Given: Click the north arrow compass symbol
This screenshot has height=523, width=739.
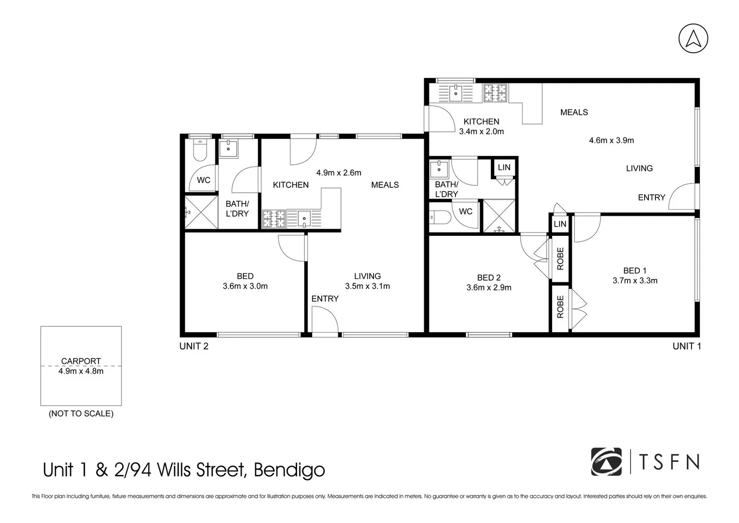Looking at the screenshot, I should (x=693, y=38).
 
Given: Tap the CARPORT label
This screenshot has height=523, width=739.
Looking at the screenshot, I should (x=81, y=361).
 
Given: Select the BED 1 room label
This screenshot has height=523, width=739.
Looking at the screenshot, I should (x=634, y=271).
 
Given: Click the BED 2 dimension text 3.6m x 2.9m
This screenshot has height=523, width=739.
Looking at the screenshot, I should (x=489, y=287).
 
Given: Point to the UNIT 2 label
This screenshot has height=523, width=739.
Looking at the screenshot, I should (x=194, y=346).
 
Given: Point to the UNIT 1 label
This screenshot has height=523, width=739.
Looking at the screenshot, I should (x=686, y=346).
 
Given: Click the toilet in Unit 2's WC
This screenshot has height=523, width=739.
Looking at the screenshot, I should (x=199, y=151).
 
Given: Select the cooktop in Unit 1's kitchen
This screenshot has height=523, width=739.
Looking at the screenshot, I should (x=495, y=93).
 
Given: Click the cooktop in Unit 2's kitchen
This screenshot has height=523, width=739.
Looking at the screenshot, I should (x=273, y=218).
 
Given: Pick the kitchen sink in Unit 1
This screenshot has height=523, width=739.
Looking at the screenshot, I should (x=455, y=93).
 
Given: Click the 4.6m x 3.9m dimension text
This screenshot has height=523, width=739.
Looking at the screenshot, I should (x=611, y=140).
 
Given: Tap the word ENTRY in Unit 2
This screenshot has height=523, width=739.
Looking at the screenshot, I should (x=325, y=299).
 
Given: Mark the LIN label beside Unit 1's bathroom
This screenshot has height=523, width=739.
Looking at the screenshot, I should (x=504, y=167).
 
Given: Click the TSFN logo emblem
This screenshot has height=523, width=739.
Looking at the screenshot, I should (x=606, y=461).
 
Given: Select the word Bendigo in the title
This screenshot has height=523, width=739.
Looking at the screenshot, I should (x=289, y=470).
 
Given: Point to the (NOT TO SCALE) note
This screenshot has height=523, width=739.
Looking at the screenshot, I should (x=81, y=414).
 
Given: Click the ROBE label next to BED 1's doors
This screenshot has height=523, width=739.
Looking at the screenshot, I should (x=560, y=307).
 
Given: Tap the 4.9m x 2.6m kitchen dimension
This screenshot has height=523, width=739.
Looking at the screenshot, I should (x=338, y=172).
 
